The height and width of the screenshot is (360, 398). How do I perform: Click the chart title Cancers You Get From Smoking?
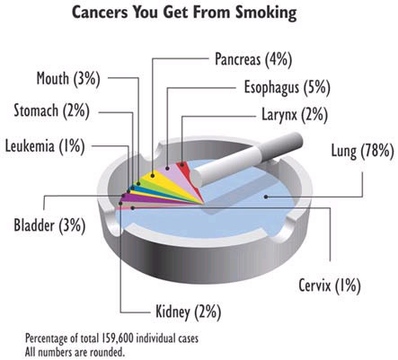point(184,13)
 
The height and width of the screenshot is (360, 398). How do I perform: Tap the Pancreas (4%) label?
point(253,59)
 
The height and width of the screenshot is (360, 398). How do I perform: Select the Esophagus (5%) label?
point(287,88)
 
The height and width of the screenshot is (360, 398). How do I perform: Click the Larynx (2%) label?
point(295,114)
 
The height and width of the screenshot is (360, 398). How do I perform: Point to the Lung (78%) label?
point(362,151)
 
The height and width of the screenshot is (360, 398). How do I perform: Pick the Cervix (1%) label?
point(330,285)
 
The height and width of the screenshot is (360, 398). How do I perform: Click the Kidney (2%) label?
point(189,312)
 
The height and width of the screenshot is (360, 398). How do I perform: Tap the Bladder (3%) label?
point(49,225)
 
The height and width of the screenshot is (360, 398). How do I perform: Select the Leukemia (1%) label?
point(45,146)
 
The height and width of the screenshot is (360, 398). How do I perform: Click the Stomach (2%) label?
point(51,111)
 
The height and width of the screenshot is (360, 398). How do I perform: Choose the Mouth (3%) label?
point(68,79)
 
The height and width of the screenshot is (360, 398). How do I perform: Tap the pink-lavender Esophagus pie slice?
point(180,177)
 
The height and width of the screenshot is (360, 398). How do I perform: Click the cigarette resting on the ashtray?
point(247,159)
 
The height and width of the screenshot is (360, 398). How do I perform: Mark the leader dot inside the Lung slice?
point(266,197)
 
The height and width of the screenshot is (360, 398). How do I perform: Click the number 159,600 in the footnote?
point(115,338)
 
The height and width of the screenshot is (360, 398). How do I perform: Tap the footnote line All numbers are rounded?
point(75,351)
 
